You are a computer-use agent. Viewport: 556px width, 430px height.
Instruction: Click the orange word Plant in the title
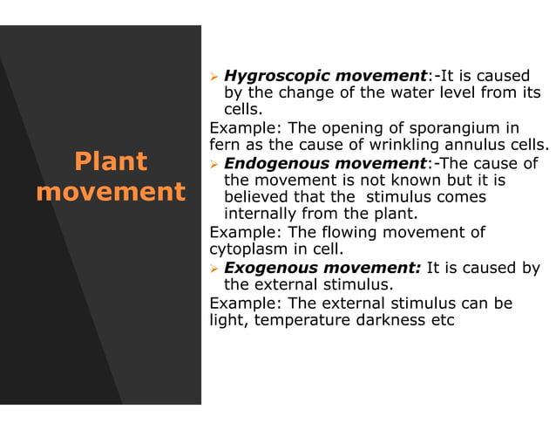tap(111, 162)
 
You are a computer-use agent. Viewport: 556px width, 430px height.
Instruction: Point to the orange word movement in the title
tap(111, 192)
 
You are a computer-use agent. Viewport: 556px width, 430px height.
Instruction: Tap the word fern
tap(226, 146)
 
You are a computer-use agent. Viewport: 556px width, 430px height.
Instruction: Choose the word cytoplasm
tap(247, 249)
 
